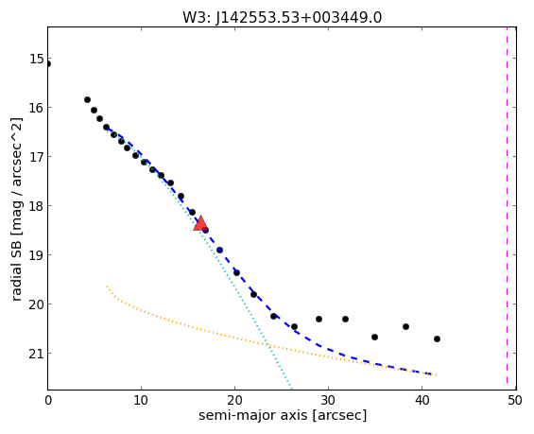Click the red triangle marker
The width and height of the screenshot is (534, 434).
(x=200, y=223)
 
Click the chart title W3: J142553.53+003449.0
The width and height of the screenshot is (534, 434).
(x=283, y=17)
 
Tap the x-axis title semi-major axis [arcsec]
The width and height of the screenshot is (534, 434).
(x=283, y=415)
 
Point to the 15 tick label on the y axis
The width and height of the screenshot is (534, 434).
(x=37, y=59)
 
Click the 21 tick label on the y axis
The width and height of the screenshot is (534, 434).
(x=37, y=354)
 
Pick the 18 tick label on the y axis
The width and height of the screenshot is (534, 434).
(x=37, y=206)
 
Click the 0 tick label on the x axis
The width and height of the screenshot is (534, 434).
(x=48, y=400)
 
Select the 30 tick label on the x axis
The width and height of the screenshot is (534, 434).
(x=328, y=400)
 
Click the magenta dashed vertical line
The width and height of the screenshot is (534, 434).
(x=507, y=208)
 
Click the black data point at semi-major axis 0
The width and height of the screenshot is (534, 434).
(x=47, y=63)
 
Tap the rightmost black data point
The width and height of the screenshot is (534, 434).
(x=437, y=339)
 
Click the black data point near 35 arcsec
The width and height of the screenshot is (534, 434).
(x=374, y=337)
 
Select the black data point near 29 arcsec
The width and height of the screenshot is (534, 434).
(x=319, y=320)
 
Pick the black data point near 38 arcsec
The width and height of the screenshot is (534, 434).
(x=405, y=327)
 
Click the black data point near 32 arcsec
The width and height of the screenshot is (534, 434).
(x=345, y=320)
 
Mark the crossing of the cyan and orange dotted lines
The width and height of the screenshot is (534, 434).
(x=269, y=346)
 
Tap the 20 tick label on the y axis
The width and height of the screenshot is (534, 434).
(x=37, y=304)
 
